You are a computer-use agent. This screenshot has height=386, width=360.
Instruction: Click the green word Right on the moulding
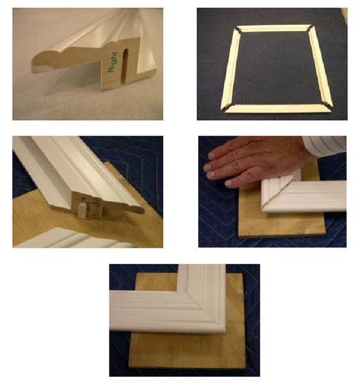(x=113, y=62)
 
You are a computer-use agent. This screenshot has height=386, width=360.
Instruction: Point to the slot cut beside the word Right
(x=126, y=65)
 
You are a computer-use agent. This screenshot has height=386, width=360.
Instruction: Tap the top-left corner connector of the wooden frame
(x=238, y=30)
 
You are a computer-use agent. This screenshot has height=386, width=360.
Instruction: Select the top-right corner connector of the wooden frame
(x=310, y=28)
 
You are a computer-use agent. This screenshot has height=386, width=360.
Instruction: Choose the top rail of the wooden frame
(x=274, y=28)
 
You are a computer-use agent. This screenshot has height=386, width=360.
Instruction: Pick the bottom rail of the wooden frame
(x=277, y=108)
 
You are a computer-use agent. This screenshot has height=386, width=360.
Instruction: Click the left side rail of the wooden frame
(x=231, y=69)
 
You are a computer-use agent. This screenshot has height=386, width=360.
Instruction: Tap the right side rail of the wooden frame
(x=320, y=66)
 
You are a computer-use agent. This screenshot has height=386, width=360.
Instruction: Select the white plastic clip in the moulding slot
(x=83, y=209)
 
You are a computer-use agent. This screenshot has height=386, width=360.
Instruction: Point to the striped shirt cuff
(x=324, y=146)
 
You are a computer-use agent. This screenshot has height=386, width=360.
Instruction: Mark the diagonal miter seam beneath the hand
(x=278, y=192)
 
